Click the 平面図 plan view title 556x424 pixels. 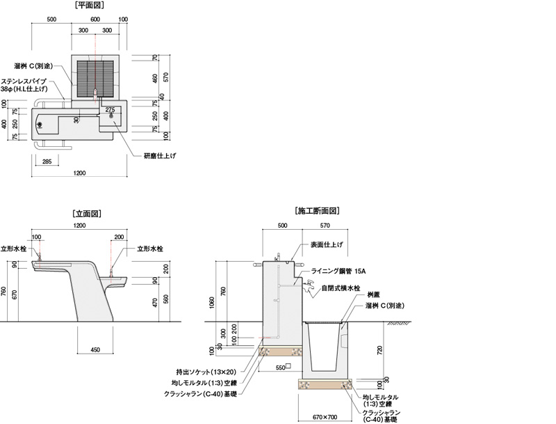[90, 6]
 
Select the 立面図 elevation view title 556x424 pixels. [87, 214]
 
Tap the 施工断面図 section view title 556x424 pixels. [317, 211]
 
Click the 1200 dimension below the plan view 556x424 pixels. [79, 173]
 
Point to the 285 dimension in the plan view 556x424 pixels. [47, 162]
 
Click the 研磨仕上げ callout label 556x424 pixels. [160, 155]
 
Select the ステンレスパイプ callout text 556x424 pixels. [24, 81]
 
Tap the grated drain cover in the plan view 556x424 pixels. [95, 79]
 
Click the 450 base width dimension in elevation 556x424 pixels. [95, 350]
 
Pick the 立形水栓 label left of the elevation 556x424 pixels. [13, 249]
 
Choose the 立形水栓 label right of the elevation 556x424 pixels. [150, 249]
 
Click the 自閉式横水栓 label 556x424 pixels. [341, 288]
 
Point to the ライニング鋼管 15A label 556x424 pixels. [338, 271]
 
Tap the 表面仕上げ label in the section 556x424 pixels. [327, 244]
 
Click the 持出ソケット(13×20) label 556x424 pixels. [206, 372]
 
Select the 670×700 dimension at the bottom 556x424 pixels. [325, 417]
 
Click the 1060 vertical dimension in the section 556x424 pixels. [212, 303]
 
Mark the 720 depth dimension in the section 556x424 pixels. [380, 350]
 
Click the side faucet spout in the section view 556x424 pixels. [309, 287]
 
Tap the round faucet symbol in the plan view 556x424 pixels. [40, 125]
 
